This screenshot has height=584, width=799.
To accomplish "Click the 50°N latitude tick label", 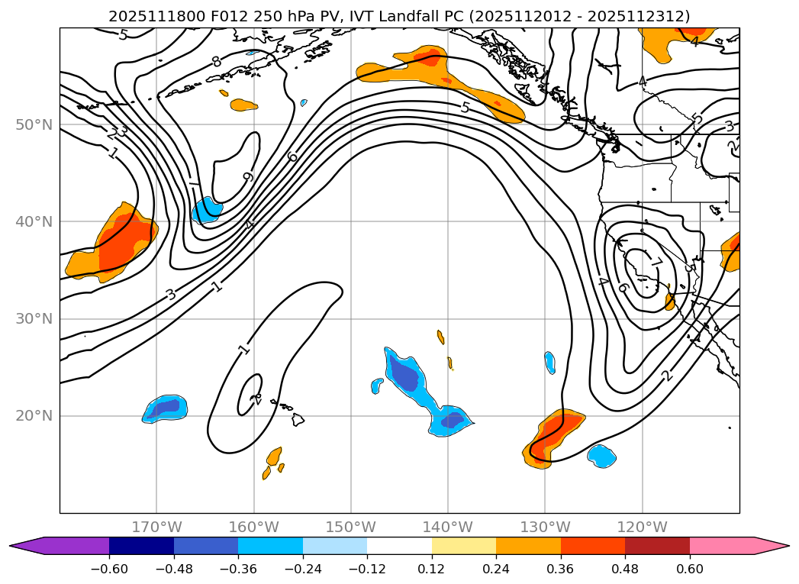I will tap(34, 124).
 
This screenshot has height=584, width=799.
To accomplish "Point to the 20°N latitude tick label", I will tap(34, 416).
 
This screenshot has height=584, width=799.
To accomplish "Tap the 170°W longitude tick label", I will tap(156, 527).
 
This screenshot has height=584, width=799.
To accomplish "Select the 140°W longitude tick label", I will tap(448, 527).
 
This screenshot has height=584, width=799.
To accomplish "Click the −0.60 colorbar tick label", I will tap(109, 569).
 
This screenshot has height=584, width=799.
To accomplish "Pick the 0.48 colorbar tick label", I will tap(625, 569).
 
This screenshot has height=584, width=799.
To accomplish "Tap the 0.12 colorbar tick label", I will tap(432, 569).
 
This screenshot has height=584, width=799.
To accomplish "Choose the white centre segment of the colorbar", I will tap(399, 546).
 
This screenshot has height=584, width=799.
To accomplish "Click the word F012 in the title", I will tap(201, 16).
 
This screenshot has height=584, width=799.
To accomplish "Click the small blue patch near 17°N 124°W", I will tap(601, 456).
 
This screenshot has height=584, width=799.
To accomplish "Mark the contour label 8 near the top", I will tap(217, 61).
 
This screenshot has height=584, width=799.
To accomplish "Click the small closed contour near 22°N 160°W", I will tap(251, 394).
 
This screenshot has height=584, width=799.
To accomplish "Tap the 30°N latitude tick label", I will tap(34, 319).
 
